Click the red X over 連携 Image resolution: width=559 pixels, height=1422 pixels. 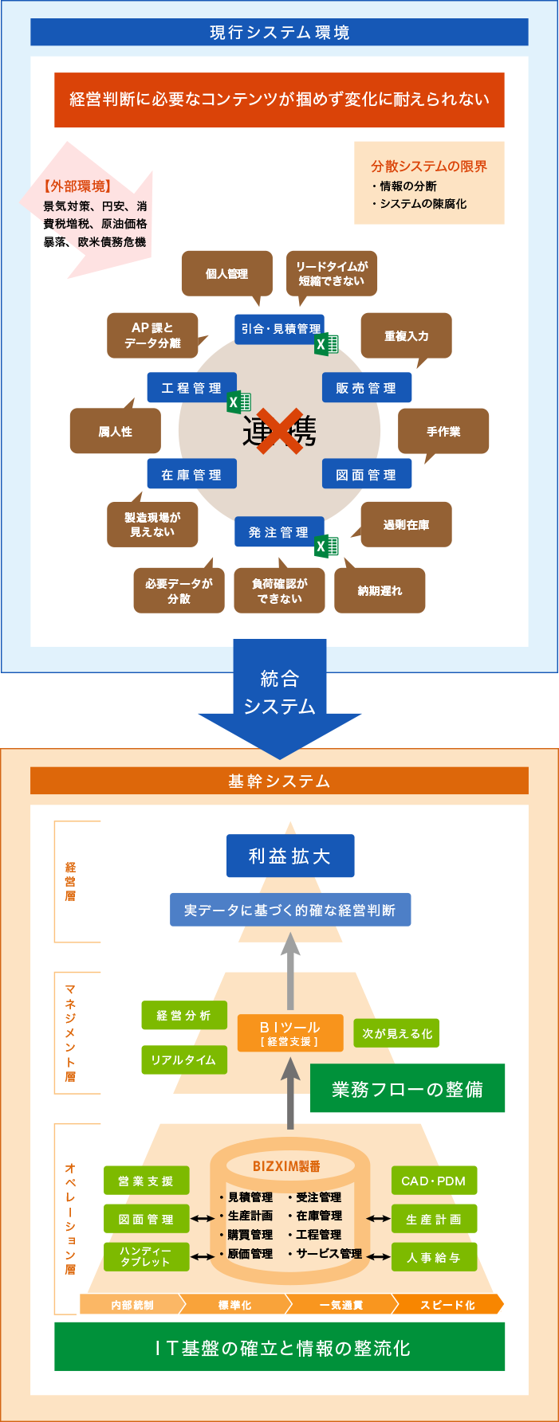tap(279, 431)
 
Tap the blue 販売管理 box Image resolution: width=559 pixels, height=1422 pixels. tap(367, 388)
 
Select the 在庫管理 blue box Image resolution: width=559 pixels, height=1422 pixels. tap(191, 474)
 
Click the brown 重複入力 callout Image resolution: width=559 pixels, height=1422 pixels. tap(406, 335)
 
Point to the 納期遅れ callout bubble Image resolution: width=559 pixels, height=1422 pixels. tap(380, 590)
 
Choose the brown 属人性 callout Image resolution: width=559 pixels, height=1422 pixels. tap(116, 431)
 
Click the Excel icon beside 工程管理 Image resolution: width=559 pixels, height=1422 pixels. tap(239, 402)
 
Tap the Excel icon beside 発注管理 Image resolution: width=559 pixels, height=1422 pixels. tap(327, 546)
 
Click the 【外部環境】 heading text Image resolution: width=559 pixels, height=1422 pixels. tap(77, 186)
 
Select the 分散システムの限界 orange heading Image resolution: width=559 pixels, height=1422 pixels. tap(429, 166)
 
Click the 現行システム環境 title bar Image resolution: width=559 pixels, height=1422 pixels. tap(279, 33)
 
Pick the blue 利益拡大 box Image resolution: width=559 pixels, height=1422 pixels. tap(290, 856)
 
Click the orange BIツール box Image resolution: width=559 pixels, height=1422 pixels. tap(290, 1032)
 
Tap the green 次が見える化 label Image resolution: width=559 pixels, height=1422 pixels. tap(396, 1033)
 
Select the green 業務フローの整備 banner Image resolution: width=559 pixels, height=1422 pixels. tap(407, 1088)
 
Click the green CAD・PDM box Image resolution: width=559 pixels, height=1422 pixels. tap(434, 1181)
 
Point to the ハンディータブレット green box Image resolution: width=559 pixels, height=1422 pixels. tap(146, 1256)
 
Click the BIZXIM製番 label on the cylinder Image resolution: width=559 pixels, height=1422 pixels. tap(286, 1166)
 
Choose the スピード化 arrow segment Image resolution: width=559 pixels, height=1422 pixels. tap(448, 1304)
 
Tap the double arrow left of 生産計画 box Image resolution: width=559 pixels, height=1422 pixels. tap(378, 1219)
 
